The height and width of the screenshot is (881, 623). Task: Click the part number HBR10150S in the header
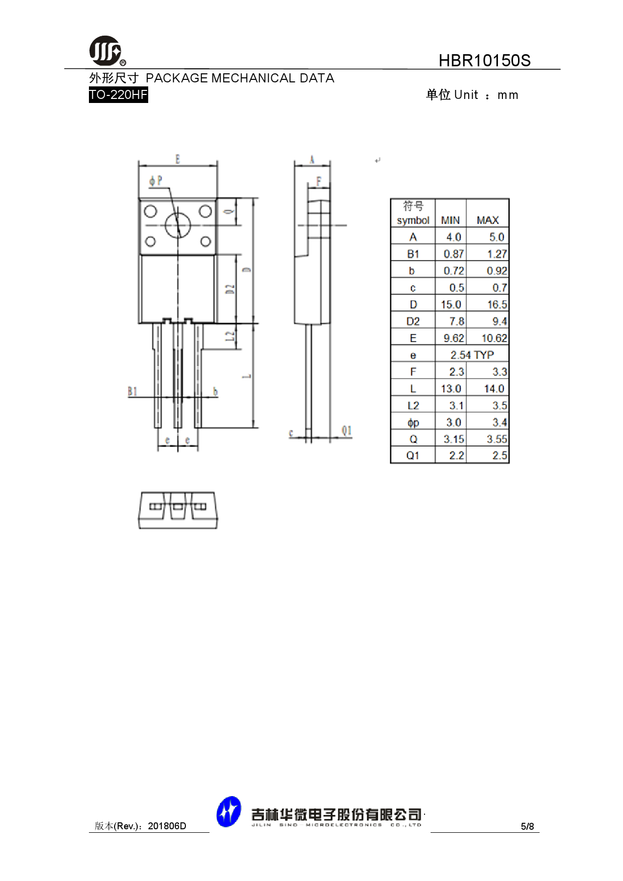pyautogui.click(x=484, y=60)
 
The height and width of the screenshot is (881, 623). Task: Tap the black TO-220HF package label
pyautogui.click(x=118, y=94)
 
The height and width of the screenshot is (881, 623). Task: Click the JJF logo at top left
pyautogui.click(x=106, y=51)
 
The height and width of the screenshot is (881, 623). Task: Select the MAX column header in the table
pyautogui.click(x=487, y=220)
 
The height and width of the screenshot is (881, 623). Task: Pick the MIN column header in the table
pyautogui.click(x=450, y=220)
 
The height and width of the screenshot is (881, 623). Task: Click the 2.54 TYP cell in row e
pyautogui.click(x=472, y=355)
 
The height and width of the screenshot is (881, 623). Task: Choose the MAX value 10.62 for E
pyautogui.click(x=494, y=338)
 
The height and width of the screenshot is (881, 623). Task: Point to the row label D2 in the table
pyautogui.click(x=412, y=321)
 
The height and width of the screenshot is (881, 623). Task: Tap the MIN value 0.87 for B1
pyautogui.click(x=453, y=254)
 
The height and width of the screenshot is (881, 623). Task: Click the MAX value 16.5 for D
pyautogui.click(x=496, y=304)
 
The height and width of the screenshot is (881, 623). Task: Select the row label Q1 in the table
pyautogui.click(x=412, y=456)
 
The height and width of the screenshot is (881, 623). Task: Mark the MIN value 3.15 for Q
pyautogui.click(x=453, y=439)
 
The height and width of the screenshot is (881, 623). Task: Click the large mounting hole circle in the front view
pyautogui.click(x=178, y=225)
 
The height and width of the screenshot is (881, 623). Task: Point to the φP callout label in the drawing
pyautogui.click(x=156, y=180)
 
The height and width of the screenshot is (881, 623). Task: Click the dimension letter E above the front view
pyautogui.click(x=178, y=159)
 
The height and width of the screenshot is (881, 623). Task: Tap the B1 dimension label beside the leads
pyautogui.click(x=132, y=391)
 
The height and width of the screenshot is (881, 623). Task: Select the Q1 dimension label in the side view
pyautogui.click(x=346, y=430)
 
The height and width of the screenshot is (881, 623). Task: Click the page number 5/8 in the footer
pyautogui.click(x=527, y=826)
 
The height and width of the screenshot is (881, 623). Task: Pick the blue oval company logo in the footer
pyautogui.click(x=229, y=811)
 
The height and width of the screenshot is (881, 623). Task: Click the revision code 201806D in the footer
pyautogui.click(x=167, y=826)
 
